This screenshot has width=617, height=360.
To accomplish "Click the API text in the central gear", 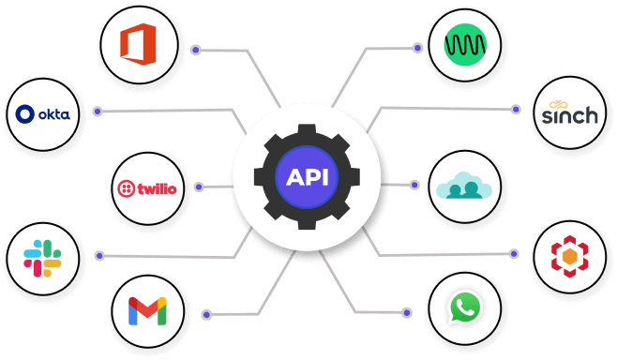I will [x=308, y=177].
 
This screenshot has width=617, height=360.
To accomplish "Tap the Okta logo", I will [x=43, y=114].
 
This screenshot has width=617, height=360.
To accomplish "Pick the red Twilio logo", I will [x=147, y=187].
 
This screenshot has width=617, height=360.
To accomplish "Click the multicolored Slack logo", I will [x=43, y=258].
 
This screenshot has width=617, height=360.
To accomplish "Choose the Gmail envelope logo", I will [x=147, y=309].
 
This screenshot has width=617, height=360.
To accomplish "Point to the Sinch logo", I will [x=569, y=113].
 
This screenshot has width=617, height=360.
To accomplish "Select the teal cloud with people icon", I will [x=463, y=187].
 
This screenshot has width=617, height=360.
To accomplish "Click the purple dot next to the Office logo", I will [x=195, y=50].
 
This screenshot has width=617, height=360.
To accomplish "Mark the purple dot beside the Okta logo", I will [x=97, y=112].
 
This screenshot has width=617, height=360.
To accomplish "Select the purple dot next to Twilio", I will [x=199, y=187].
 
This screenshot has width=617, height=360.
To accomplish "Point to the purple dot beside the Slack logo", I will [x=98, y=255].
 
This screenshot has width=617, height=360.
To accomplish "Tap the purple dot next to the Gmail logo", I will [x=205, y=314].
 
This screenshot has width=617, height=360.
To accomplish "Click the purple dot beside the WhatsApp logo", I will [x=406, y=311].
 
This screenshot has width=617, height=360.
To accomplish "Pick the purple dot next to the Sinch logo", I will [x=515, y=109].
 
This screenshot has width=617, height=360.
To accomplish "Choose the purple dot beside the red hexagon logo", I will [x=514, y=252].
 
